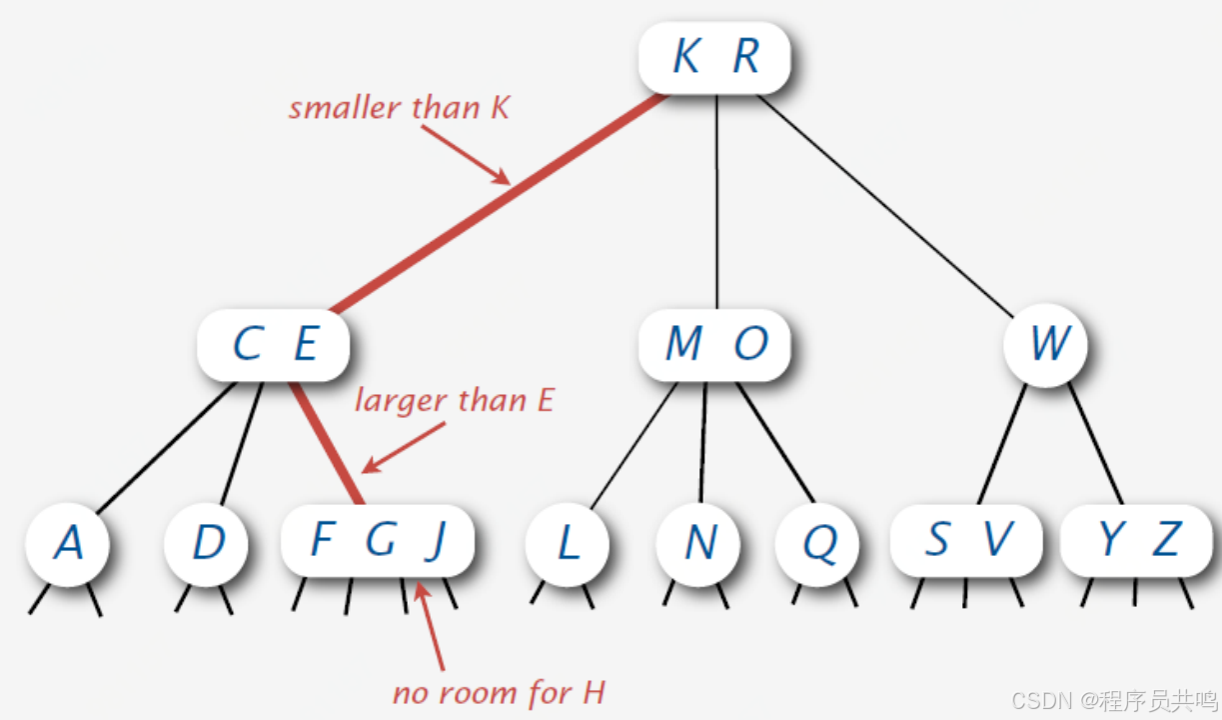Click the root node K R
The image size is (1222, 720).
[x=714, y=57]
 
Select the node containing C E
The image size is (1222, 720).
[x=274, y=345]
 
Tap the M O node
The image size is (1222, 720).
[x=714, y=345]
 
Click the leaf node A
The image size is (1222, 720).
[x=67, y=543]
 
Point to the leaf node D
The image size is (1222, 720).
[x=208, y=543]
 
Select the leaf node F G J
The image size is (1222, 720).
[x=377, y=541]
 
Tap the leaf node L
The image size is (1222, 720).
[x=568, y=543]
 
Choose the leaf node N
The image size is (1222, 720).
[x=699, y=543]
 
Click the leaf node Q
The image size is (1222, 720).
[x=819, y=543]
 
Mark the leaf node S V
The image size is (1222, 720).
[x=965, y=541]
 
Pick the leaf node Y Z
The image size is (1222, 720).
[x=1138, y=541]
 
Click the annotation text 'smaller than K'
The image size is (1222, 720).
[x=399, y=108]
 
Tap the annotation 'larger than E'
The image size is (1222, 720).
[x=454, y=401]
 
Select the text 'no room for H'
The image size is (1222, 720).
[x=499, y=693]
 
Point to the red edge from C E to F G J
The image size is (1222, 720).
[x=325, y=441]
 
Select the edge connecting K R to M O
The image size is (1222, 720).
[x=716, y=200]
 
